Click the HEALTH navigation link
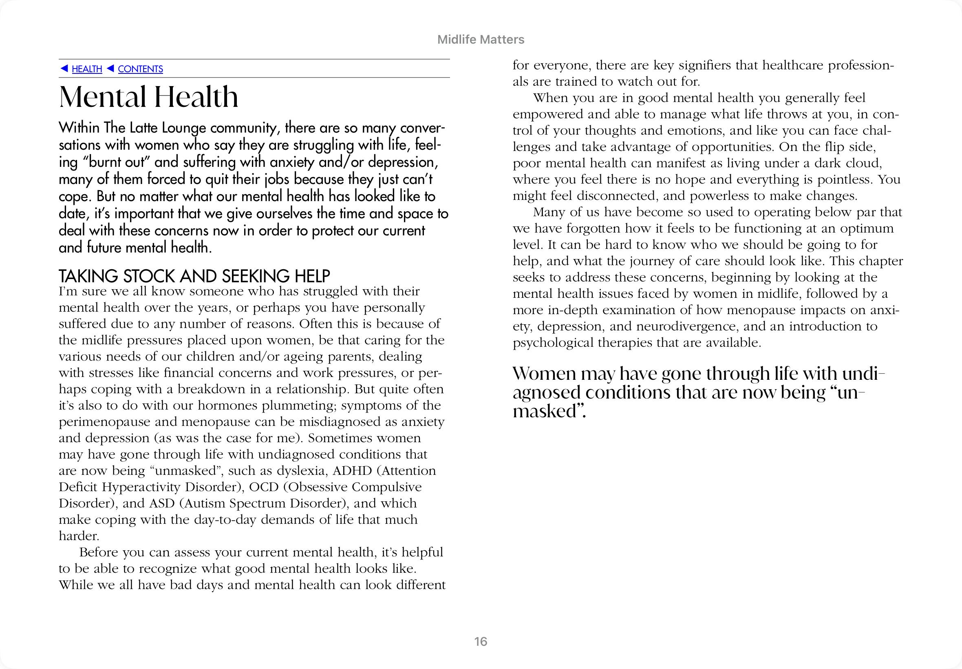87,69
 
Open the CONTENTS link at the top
140,69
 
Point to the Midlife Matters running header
481,40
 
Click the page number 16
481,642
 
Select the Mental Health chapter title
149,97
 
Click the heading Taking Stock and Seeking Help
194,276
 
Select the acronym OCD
266,487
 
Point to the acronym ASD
161,503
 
